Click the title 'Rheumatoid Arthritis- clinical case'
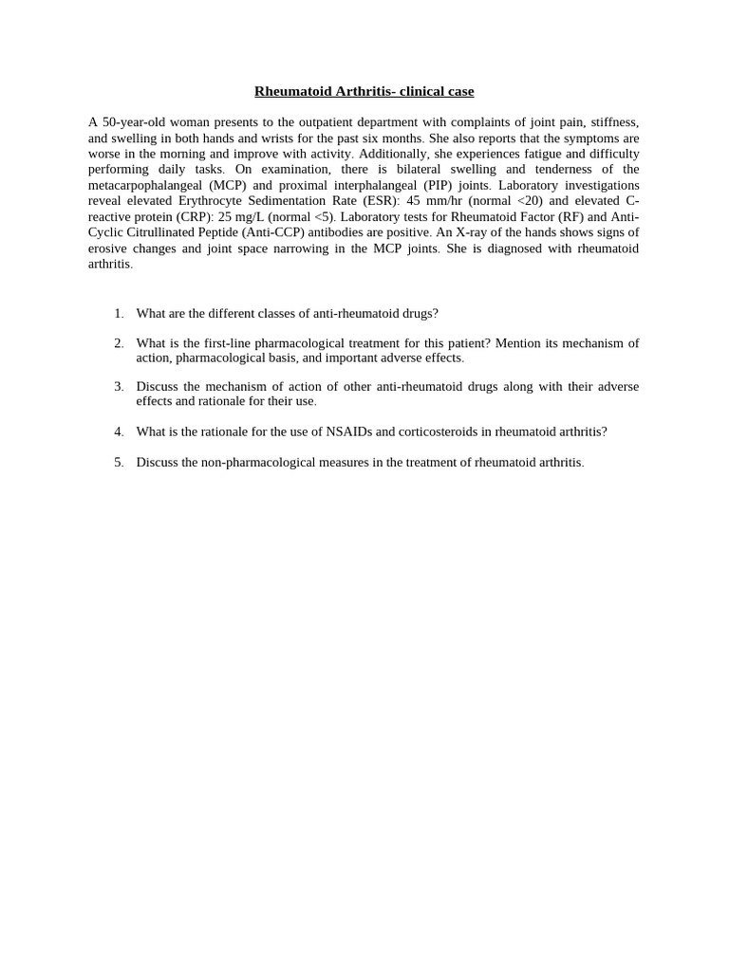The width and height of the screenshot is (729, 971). (x=364, y=92)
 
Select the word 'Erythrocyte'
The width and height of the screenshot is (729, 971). (x=212, y=201)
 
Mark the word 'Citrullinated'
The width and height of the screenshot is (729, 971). (x=168, y=232)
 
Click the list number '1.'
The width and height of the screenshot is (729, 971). (x=119, y=313)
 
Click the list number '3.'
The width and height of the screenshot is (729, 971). (x=119, y=387)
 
